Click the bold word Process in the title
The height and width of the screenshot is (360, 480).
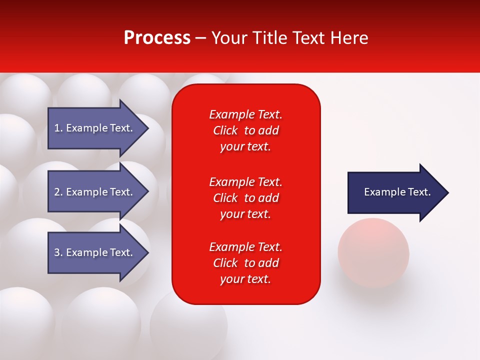pos(157,38)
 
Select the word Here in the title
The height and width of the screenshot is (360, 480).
pos(348,38)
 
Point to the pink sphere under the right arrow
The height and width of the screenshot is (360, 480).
pos(373,252)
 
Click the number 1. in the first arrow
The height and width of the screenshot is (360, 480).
pos(58,128)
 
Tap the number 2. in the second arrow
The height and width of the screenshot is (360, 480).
pos(58,192)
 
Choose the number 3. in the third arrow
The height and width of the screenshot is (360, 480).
pos(58,252)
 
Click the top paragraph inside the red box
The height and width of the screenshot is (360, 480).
pos(245,130)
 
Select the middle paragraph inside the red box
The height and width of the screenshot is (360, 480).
pos(245,198)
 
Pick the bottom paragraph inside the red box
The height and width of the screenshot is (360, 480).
pos(245,263)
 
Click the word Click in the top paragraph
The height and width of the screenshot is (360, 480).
pos(225,130)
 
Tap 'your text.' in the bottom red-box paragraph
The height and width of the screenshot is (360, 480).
pos(245,279)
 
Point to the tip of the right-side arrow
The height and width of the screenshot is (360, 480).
pos(447,192)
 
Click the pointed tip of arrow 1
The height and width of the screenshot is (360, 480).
pos(147,128)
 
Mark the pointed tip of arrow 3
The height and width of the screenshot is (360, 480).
pos(147,252)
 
